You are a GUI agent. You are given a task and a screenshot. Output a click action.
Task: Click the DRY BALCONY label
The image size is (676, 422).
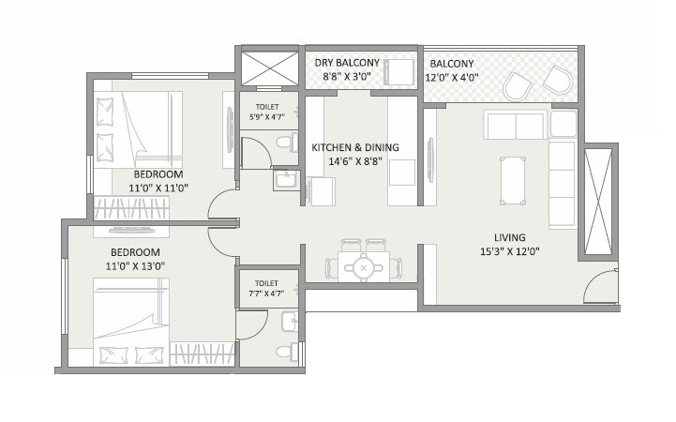pos(347,63)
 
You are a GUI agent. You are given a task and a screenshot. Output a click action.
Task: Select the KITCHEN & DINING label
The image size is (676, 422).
pos(355,147)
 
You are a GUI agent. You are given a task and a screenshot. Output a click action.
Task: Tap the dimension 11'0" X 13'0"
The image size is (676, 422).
pos(135,267)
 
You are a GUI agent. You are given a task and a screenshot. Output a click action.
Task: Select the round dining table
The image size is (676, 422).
pos(361,269)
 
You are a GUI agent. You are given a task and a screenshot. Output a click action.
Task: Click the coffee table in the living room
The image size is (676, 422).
pos(513,180)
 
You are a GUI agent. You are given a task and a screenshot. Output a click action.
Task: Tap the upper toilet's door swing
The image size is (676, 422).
pos(254,153)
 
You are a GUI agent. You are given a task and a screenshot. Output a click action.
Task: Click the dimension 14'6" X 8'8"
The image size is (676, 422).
pos(355,161)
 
